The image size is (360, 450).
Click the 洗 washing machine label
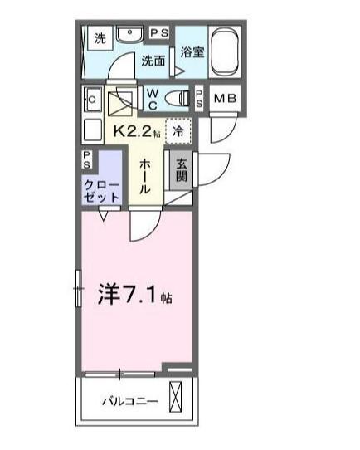click(x=100, y=38)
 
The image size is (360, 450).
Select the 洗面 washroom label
click(x=153, y=61)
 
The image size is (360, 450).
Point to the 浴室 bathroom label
click(x=192, y=52)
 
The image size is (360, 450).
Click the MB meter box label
click(x=225, y=99)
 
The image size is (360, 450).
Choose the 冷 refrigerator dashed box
click(x=178, y=130)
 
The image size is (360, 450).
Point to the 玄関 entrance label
click(x=182, y=170)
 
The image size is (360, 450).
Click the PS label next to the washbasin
click(x=160, y=32)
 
